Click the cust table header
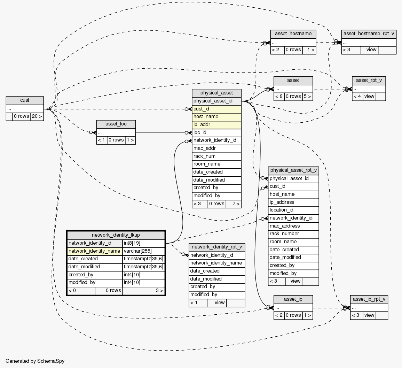(x=25, y=100)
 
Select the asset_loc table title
(x=116, y=124)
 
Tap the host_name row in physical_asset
(x=216, y=117)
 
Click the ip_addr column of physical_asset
(x=216, y=124)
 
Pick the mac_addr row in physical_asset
(x=216, y=148)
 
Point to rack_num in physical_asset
(x=216, y=156)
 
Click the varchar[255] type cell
(x=143, y=251)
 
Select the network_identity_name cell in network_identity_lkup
(x=94, y=251)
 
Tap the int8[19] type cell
(x=143, y=243)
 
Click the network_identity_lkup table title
(x=116, y=235)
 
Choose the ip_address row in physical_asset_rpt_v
(x=293, y=202)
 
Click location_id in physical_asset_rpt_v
(x=293, y=210)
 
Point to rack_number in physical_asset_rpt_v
(x=293, y=233)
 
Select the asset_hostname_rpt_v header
(x=369, y=34)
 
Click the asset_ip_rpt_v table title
(x=369, y=299)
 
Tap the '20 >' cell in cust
(x=37, y=116)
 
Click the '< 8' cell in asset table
(x=279, y=97)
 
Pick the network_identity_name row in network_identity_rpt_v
(x=217, y=263)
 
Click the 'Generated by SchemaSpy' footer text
(x=35, y=361)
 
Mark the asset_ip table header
(x=293, y=299)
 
